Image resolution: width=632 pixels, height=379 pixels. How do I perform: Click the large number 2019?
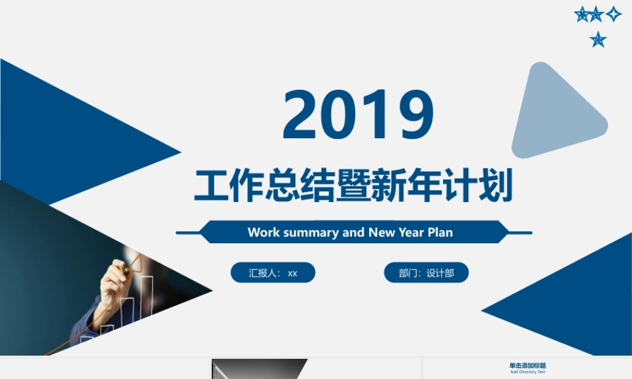point(358,114)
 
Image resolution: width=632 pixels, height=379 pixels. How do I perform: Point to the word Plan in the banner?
point(441,232)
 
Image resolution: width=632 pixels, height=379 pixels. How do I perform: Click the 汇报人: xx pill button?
point(273,273)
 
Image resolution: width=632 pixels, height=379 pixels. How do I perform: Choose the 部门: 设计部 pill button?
point(426,273)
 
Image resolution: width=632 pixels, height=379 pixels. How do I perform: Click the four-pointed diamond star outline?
point(614,14)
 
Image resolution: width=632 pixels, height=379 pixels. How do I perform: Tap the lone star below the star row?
point(598,40)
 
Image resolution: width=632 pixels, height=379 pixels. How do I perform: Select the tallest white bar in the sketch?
point(146,297)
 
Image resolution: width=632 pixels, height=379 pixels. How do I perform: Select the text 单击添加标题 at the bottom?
point(528,366)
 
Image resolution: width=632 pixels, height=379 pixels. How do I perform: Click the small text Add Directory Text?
point(528,372)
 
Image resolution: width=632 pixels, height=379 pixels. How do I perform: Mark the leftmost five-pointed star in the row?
point(582,14)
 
